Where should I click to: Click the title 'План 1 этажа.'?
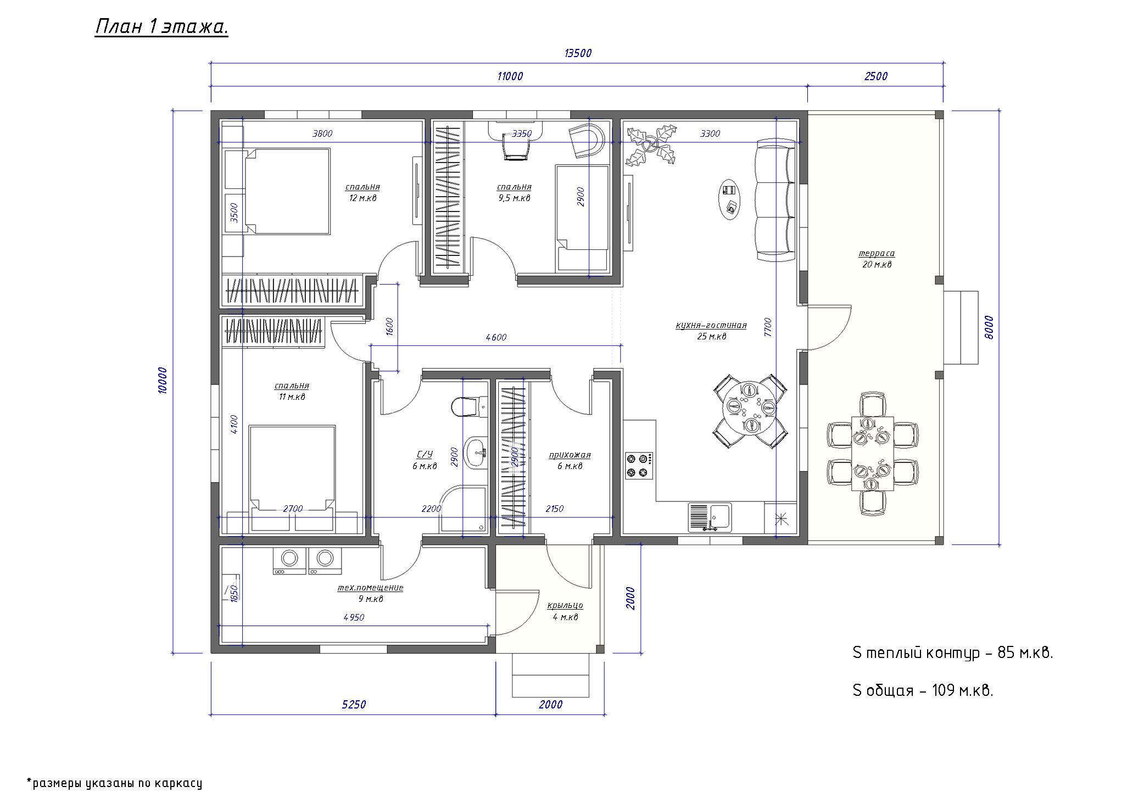tap(161, 27)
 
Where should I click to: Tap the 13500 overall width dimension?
tap(578, 53)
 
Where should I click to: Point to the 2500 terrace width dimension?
tap(876, 76)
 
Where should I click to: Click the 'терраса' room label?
tap(877, 254)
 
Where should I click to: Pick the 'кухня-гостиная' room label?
tap(711, 325)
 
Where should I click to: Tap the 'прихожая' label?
tap(570, 455)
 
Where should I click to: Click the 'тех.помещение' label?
tap(370, 588)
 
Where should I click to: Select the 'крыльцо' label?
tap(565, 605)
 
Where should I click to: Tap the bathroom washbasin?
tap(476, 453)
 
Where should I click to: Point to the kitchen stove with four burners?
tap(639, 465)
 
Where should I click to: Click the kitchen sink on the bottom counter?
tap(710, 517)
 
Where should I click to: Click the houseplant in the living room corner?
tap(651, 145)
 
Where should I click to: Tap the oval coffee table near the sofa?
tap(732, 199)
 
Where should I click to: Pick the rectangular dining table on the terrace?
tap(873, 453)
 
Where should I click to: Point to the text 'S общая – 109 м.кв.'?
tap(923, 690)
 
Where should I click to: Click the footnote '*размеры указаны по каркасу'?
tap(114, 783)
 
